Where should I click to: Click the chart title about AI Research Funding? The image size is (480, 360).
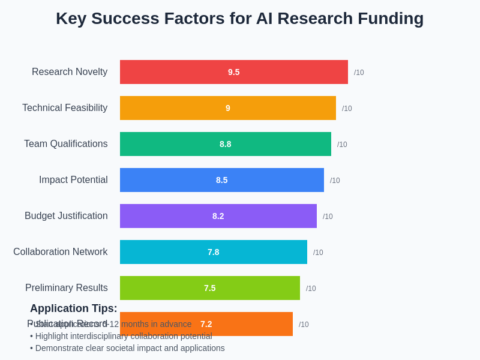(x=239, y=19)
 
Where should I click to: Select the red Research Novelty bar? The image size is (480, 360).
(x=180, y=72)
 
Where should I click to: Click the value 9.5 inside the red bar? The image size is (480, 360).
(x=234, y=72)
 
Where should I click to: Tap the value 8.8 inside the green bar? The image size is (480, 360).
(x=226, y=144)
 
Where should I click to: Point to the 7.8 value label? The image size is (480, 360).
(x=214, y=252)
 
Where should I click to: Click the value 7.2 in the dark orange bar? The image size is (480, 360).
(x=206, y=324)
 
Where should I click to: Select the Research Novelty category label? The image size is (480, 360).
(x=70, y=72)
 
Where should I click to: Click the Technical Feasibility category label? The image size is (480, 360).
(x=65, y=108)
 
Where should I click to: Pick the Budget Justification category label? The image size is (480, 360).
(x=66, y=216)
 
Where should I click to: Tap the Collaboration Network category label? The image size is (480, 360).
(x=61, y=252)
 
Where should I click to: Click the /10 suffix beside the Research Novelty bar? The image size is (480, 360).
(x=359, y=73)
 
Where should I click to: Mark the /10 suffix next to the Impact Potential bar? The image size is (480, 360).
(x=335, y=181)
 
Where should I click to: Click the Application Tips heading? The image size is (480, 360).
(x=74, y=308)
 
